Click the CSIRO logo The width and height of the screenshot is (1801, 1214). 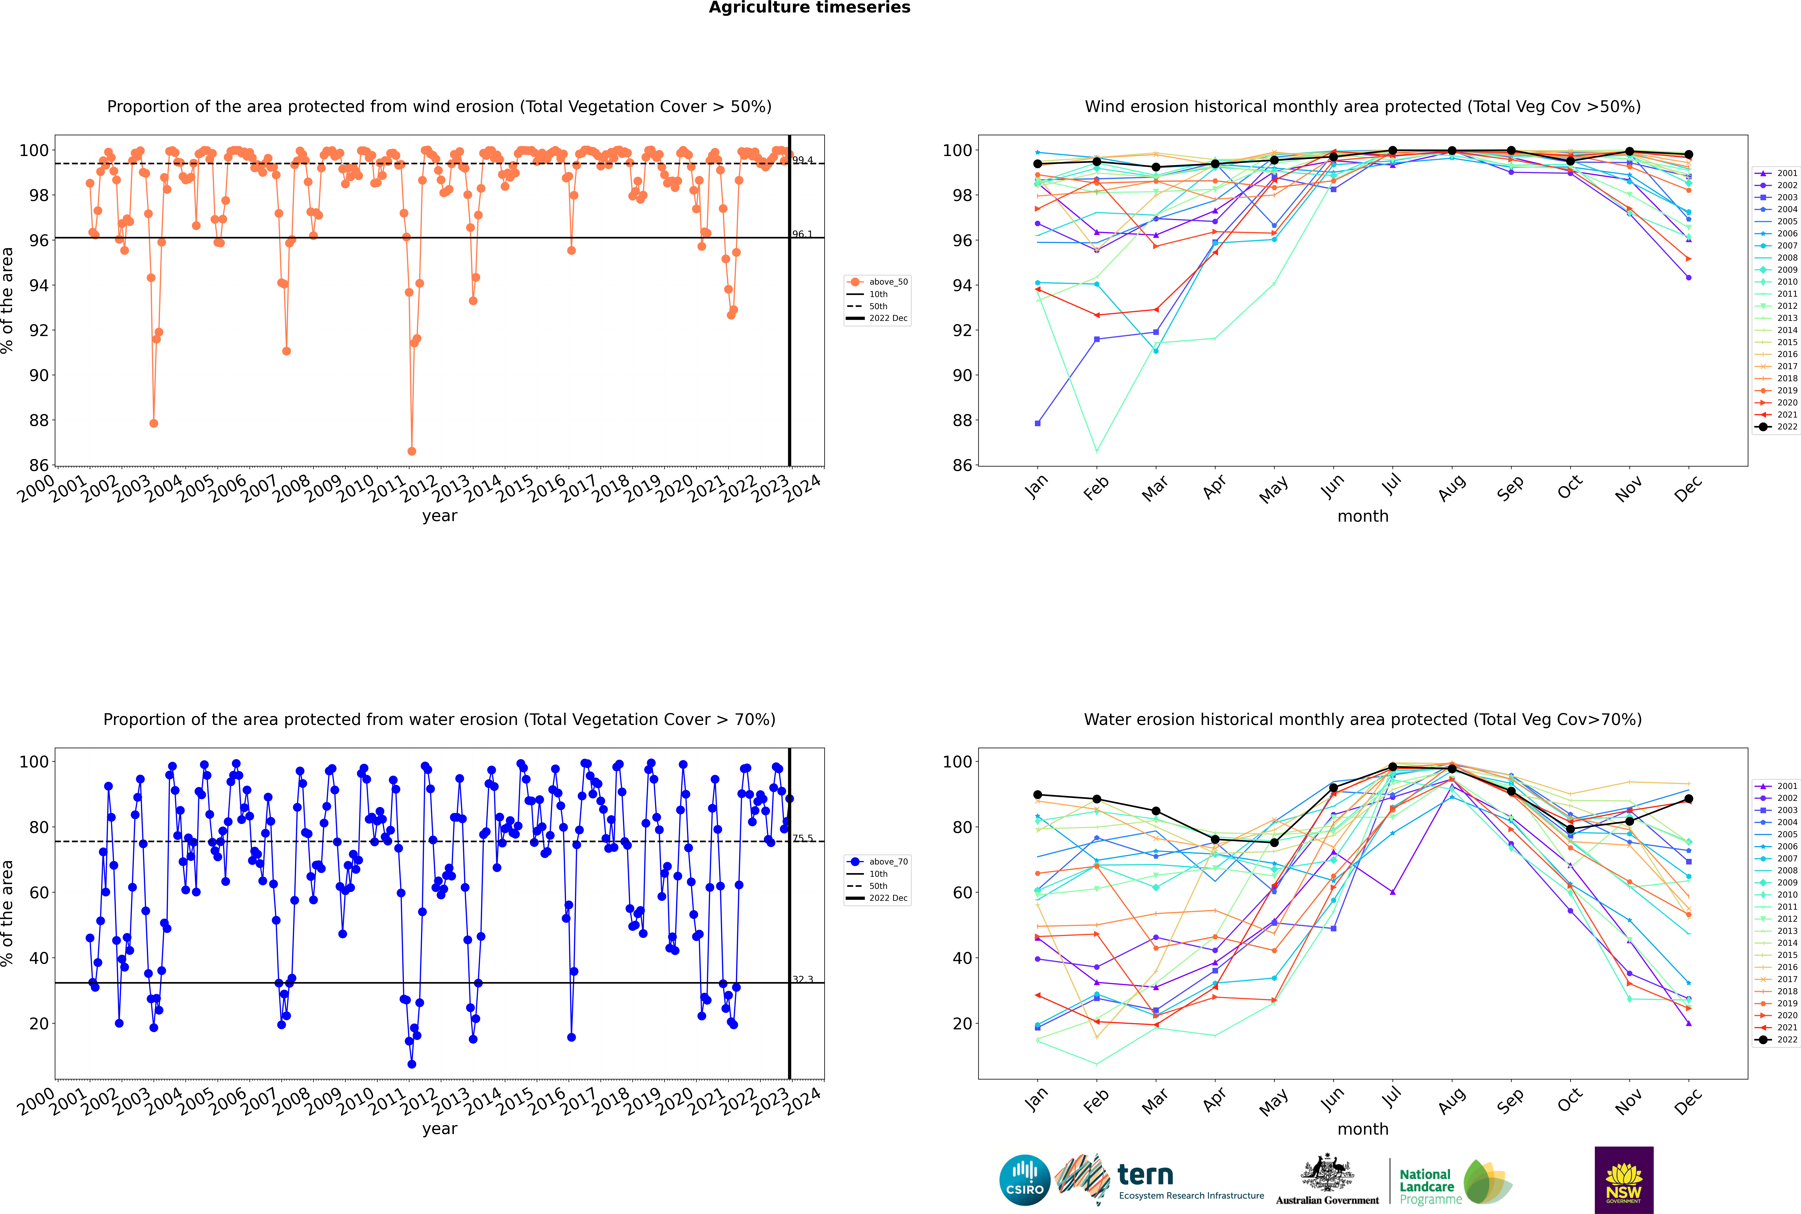[1024, 1180]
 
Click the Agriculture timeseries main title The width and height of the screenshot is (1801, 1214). [809, 8]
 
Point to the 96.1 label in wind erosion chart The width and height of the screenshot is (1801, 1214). [802, 234]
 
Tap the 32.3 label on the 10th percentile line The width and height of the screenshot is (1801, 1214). [802, 979]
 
